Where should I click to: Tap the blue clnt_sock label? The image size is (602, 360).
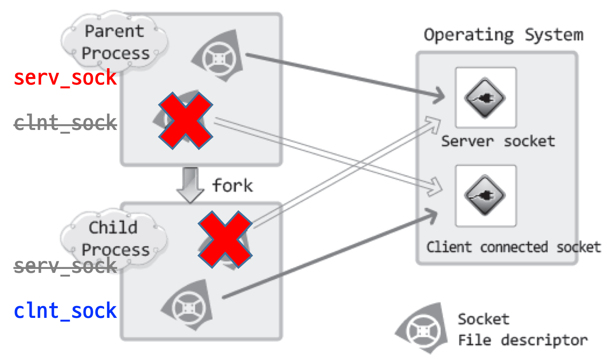(65, 311)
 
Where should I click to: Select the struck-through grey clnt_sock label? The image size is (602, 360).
(65, 123)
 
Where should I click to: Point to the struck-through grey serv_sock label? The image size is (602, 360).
(65, 266)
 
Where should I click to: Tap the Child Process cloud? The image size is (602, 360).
(114, 239)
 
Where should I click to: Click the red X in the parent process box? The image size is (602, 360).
(186, 121)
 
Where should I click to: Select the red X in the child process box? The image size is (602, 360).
(225, 239)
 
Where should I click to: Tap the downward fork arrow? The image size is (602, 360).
(190, 185)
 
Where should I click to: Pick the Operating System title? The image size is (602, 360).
(504, 35)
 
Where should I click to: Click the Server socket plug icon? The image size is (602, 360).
(485, 98)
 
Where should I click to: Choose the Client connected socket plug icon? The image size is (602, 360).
(485, 195)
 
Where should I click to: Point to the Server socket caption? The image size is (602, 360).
(498, 141)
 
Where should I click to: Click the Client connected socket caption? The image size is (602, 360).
(513, 247)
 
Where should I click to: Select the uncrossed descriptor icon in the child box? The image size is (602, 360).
(187, 305)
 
